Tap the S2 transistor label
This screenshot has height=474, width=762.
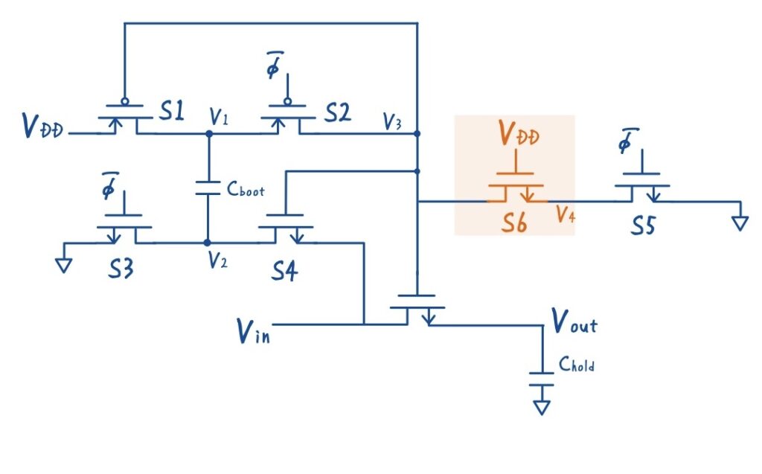pyautogui.click(x=336, y=113)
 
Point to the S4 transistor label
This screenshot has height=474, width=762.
pyautogui.click(x=284, y=272)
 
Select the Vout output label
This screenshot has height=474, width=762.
pyautogui.click(x=574, y=322)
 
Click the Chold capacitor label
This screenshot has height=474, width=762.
pyautogui.click(x=577, y=365)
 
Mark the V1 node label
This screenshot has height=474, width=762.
pyautogui.click(x=219, y=117)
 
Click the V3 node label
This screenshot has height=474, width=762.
pyautogui.click(x=394, y=122)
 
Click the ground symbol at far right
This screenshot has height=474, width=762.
pyautogui.click(x=738, y=222)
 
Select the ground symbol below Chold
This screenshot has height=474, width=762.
pyautogui.click(x=542, y=406)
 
